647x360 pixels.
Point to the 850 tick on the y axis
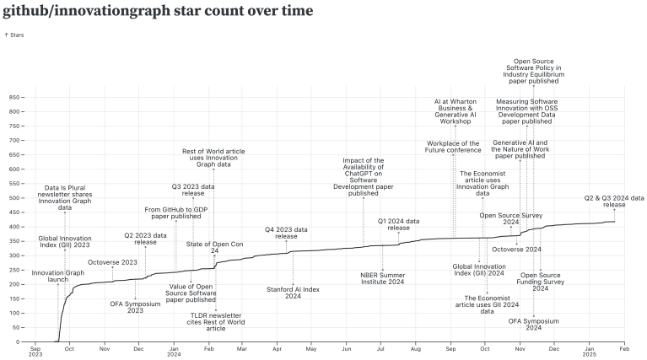click(x=13, y=97)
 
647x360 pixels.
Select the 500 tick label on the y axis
click(x=13, y=198)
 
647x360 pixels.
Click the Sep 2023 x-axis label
click(x=35, y=352)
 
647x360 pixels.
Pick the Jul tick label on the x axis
click(x=380, y=347)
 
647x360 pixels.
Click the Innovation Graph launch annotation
click(x=58, y=277)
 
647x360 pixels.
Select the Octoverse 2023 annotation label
click(x=112, y=262)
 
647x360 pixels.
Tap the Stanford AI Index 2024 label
click(x=293, y=293)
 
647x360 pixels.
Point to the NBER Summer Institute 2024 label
click(x=382, y=278)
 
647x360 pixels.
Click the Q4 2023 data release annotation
click(x=286, y=233)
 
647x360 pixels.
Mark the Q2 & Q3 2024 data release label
click(x=614, y=201)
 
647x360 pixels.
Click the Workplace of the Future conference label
click(x=453, y=148)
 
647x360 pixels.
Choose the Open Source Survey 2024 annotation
click(x=510, y=218)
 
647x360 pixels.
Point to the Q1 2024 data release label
click(x=398, y=224)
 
